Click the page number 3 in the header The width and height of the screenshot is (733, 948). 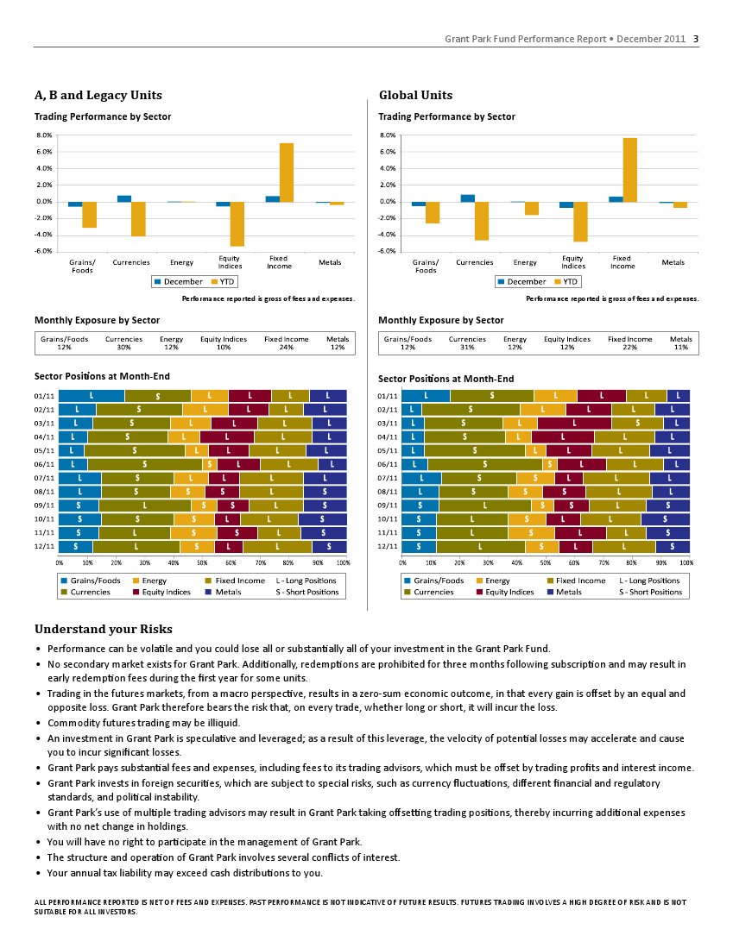(696, 39)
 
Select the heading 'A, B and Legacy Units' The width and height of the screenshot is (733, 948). (98, 95)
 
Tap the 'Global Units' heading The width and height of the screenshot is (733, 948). (415, 95)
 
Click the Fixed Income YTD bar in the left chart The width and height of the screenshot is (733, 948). (287, 173)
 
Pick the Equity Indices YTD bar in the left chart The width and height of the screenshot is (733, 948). (237, 224)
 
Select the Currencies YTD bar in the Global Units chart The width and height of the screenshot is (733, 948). (482, 222)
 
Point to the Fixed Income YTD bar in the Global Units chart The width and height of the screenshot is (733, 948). (629, 170)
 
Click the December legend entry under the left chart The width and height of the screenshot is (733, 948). (179, 282)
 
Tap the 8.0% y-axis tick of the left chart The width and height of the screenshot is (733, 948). (44, 135)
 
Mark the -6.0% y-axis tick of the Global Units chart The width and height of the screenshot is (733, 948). (388, 251)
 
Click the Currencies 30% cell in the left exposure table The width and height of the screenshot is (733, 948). (124, 342)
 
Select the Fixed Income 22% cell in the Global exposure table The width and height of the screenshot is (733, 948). (630, 342)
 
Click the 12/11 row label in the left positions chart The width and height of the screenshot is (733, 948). (44, 547)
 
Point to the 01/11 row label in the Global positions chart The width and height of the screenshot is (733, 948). (388, 396)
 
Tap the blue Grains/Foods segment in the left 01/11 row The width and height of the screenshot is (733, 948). (92, 396)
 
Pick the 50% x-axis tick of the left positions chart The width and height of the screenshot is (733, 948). (202, 562)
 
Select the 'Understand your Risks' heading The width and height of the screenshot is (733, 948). (104, 629)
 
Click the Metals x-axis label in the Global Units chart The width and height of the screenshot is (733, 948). (673, 262)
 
